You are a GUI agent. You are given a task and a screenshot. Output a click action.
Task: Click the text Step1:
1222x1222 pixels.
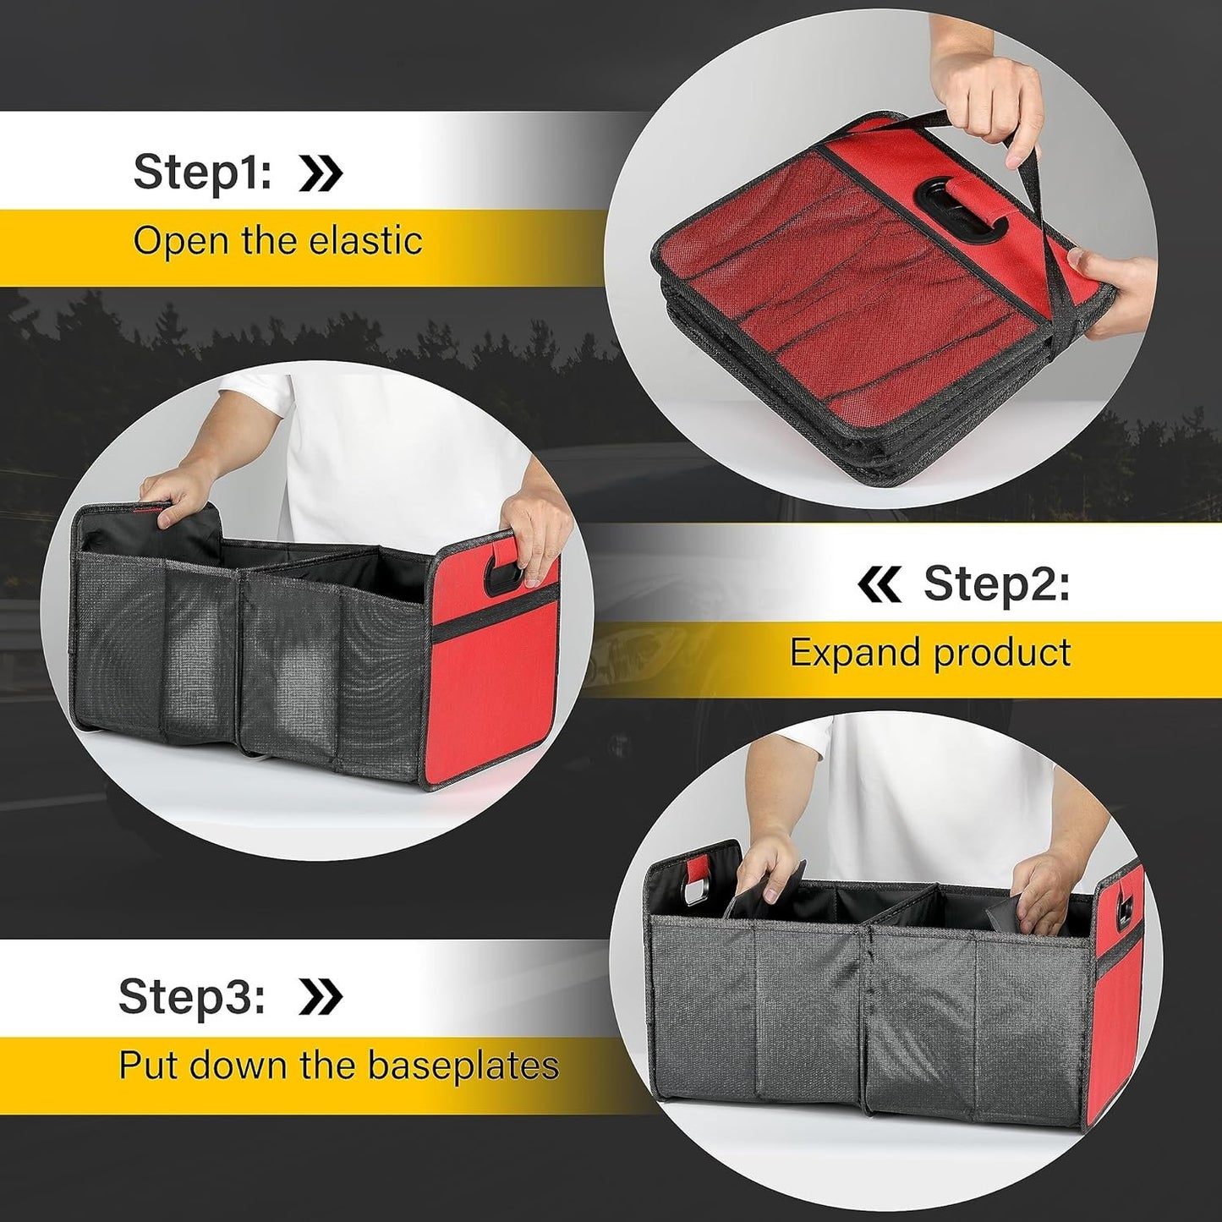(x=202, y=172)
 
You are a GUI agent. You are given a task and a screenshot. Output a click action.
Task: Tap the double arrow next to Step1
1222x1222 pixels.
(x=321, y=173)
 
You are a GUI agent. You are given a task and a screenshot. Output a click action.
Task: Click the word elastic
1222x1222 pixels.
(x=365, y=241)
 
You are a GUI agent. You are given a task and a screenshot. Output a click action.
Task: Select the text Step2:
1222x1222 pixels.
(x=996, y=584)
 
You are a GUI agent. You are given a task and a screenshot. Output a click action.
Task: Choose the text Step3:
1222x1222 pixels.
(x=192, y=995)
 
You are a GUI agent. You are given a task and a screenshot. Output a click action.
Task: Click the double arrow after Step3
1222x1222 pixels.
(x=321, y=997)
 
